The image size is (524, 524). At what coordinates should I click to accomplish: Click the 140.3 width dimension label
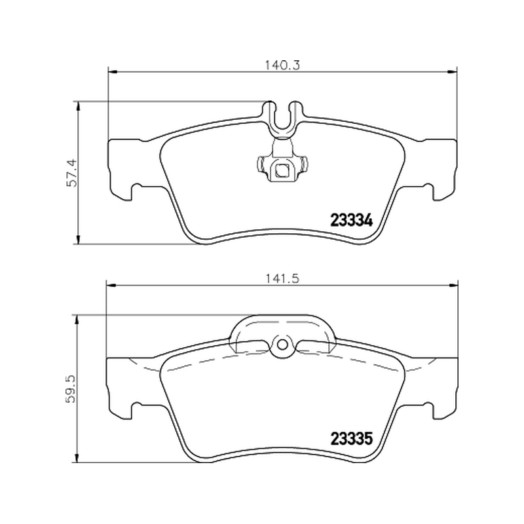coord(283,65)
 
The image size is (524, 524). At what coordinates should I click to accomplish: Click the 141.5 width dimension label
coord(283,278)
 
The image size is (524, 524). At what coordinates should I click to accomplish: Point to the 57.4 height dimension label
coord(72,172)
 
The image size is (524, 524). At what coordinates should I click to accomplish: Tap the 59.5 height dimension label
coord(71,389)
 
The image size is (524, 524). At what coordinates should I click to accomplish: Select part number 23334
coord(351,220)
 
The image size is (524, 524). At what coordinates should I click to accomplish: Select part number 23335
coord(351,439)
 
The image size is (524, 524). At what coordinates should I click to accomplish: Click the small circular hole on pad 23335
coord(282,345)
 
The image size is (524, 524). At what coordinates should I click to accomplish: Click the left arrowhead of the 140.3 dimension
coord(113,71)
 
